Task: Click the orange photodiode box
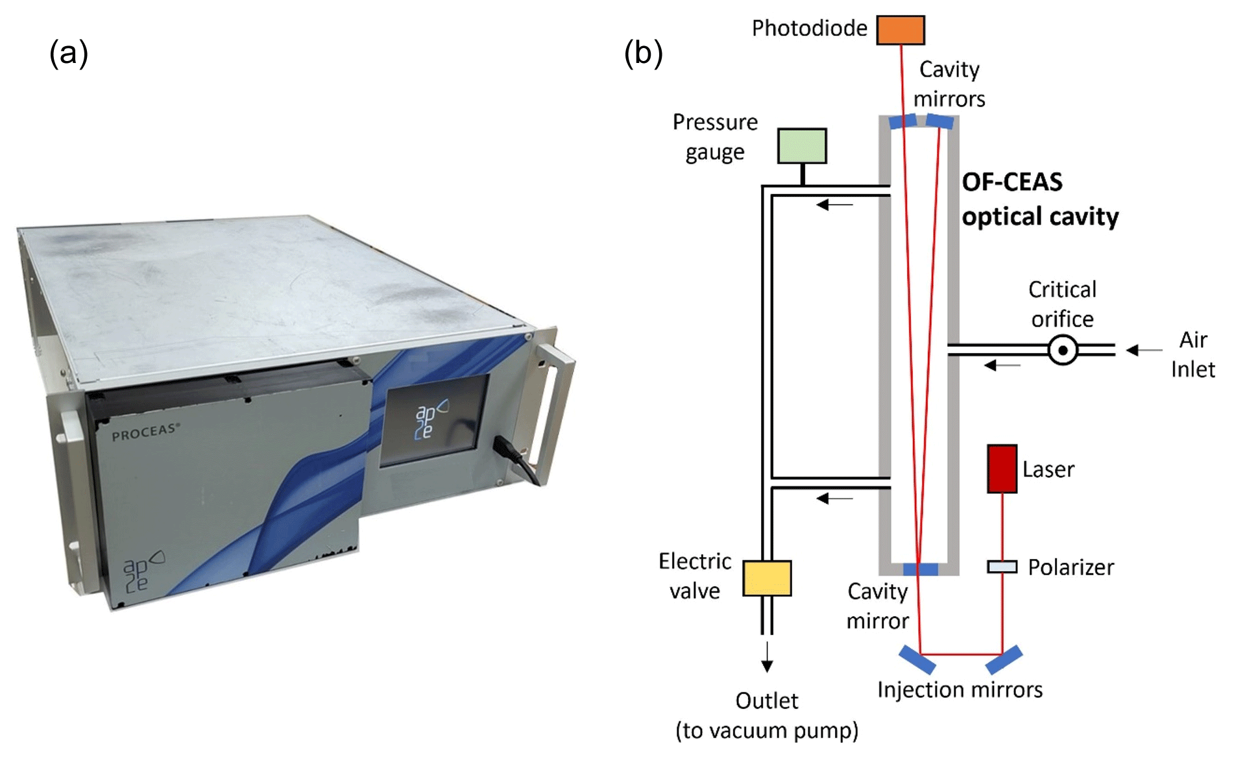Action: pyautogui.click(x=900, y=30)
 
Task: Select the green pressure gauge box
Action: pyautogui.click(x=802, y=146)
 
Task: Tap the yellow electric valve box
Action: pyautogui.click(x=767, y=578)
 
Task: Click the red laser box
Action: pyautogui.click(x=1002, y=469)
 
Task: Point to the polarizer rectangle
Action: pyautogui.click(x=1002, y=567)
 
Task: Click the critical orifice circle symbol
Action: pyautogui.click(x=1063, y=351)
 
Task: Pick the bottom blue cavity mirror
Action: pyautogui.click(x=920, y=569)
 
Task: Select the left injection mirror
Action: pyautogui.click(x=917, y=660)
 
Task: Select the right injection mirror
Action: pyautogui.click(x=1004, y=660)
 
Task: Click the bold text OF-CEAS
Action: pyautogui.click(x=1012, y=182)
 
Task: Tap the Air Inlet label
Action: pyautogui.click(x=1192, y=354)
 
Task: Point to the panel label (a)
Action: pyautogui.click(x=69, y=53)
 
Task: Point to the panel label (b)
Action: pyautogui.click(x=643, y=53)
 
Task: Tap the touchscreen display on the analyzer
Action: pyautogui.click(x=433, y=419)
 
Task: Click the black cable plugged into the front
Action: pyautogui.click(x=519, y=459)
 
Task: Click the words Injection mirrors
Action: pyautogui.click(x=960, y=689)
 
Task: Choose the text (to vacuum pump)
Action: pyautogui.click(x=767, y=731)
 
